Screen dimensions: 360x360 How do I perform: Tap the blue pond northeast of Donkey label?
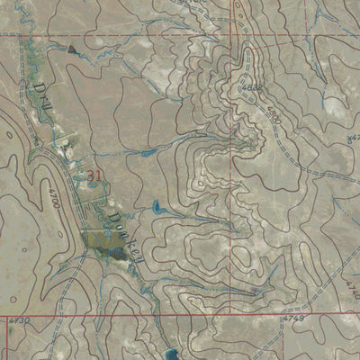157,210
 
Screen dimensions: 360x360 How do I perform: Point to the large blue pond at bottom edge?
172,355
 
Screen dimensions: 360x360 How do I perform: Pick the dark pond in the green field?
115,255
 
